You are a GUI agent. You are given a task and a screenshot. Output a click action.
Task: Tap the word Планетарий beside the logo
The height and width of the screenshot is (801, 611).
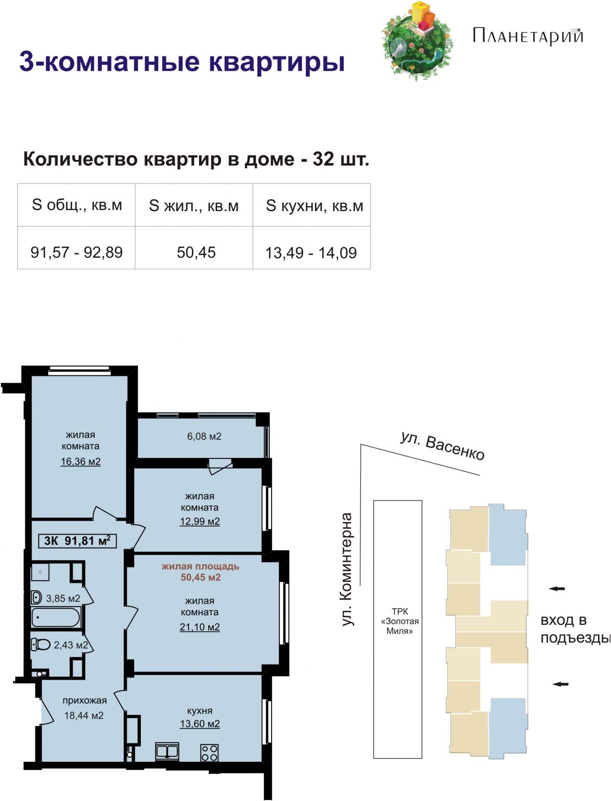click(527, 36)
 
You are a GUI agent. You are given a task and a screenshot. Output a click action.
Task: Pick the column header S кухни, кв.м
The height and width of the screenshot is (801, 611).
click(314, 206)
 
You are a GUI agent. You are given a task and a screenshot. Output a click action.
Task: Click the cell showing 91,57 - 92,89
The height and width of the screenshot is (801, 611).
click(76, 253)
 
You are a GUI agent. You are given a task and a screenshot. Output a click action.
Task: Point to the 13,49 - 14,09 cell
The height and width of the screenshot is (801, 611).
click(311, 253)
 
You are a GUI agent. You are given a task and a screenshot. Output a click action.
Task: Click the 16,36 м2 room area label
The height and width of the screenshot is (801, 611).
click(81, 461)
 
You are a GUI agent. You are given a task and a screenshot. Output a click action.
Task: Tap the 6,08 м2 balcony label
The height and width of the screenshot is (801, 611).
click(204, 437)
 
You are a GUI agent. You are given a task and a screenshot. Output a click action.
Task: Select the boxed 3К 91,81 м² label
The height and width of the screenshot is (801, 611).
click(77, 541)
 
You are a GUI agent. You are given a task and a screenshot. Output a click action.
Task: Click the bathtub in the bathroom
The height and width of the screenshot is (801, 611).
click(55, 618)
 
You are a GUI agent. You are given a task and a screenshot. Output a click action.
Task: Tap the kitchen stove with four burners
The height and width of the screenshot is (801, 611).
click(209, 753)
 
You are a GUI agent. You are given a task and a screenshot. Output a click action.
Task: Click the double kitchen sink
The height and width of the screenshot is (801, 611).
click(167, 751)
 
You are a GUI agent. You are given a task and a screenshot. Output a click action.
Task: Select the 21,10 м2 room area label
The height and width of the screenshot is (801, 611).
click(200, 627)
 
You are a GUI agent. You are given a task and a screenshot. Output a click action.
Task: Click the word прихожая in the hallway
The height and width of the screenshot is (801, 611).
click(84, 700)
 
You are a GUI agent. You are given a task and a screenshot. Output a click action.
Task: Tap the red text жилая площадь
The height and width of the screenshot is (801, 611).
click(200, 567)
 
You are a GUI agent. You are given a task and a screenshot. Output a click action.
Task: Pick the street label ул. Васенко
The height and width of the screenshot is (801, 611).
click(442, 446)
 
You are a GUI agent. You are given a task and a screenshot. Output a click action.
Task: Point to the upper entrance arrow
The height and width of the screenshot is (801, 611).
click(557, 588)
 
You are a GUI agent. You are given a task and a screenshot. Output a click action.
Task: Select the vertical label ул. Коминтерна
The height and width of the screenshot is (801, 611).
click(347, 569)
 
